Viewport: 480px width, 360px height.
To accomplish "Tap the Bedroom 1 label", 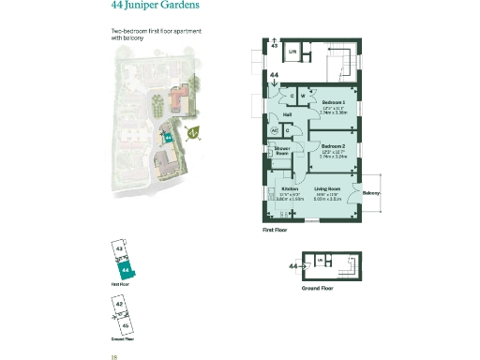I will [334, 102].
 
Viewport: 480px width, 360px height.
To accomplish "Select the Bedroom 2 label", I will [334, 146].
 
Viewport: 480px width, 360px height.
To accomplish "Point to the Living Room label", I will [326, 188].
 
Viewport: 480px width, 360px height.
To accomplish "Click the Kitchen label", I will [290, 188].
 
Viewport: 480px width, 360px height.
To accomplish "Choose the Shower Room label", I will [281, 151].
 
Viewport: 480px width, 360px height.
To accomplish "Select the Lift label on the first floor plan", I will [292, 51].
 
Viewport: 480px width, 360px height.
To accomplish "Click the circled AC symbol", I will [276, 130].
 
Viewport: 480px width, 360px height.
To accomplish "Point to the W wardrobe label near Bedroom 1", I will [304, 96].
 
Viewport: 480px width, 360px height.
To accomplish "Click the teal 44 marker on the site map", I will [168, 137].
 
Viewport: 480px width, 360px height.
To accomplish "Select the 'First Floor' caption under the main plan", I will [275, 229].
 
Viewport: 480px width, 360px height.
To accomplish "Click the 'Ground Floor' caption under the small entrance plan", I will [318, 289].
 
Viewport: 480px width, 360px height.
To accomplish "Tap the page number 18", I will [113, 356].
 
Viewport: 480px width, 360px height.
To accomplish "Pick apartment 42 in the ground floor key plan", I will [119, 305].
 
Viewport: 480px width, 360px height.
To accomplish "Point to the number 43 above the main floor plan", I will [274, 44].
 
